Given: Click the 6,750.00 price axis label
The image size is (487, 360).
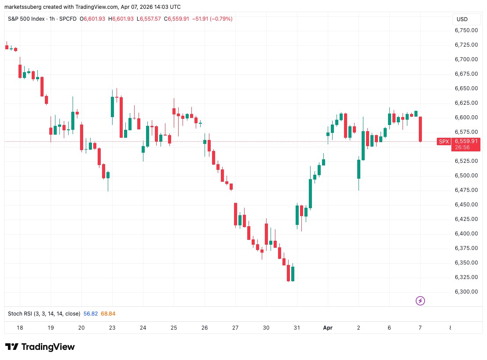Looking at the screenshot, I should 466,30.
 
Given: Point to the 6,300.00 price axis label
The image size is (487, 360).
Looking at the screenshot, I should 466,292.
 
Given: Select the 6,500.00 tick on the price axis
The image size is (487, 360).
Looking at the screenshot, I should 466,176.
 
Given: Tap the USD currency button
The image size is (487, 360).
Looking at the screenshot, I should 462,19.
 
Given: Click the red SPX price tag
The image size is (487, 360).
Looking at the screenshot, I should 443,141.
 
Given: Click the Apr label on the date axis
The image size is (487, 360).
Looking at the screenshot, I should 328,328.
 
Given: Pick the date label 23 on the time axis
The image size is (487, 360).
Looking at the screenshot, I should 112,328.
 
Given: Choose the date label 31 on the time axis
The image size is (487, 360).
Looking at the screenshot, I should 297,328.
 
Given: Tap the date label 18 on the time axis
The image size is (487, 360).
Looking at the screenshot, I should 20,328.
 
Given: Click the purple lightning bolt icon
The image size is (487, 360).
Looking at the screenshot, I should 420,301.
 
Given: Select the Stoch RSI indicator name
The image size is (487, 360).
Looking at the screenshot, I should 44,314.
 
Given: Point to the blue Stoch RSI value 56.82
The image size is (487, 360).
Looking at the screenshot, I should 91,314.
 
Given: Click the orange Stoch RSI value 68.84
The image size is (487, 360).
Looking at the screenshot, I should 108,314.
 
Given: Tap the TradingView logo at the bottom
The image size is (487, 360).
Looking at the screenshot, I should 40,347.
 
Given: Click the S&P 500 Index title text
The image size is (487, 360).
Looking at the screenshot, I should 27,19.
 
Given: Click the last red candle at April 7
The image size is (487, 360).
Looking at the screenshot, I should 421,129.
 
